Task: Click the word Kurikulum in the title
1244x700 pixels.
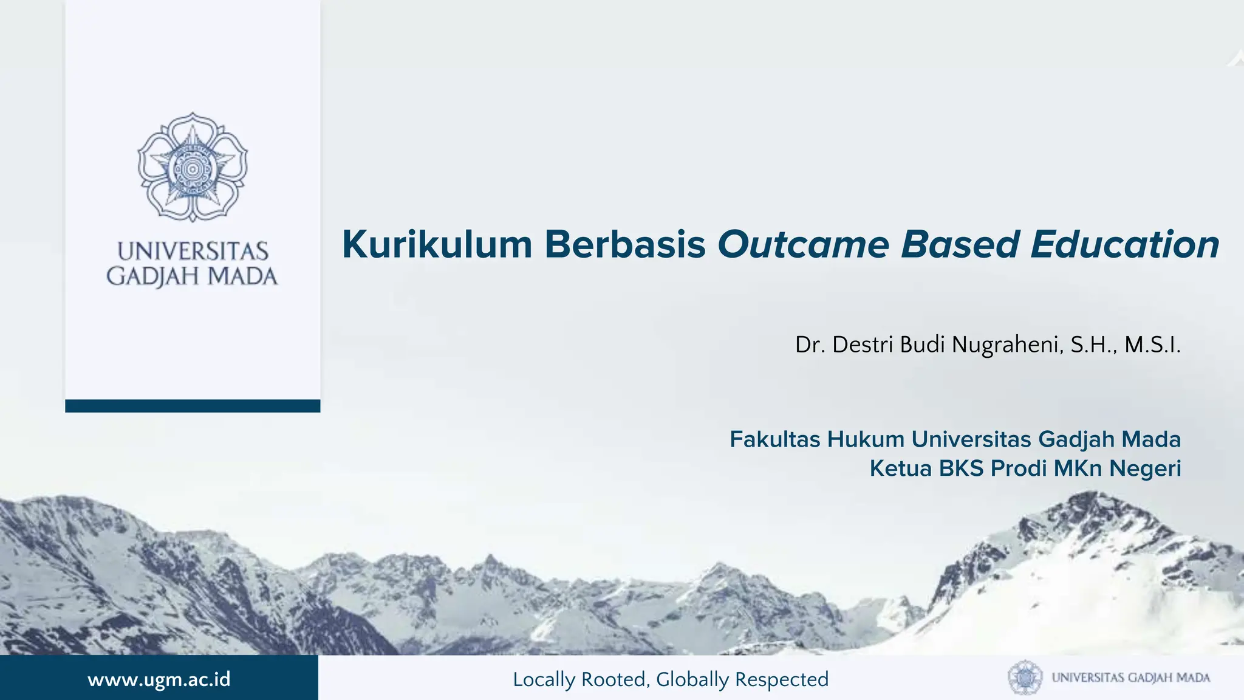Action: (x=437, y=245)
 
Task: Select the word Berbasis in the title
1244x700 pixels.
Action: (x=625, y=245)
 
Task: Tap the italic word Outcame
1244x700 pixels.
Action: (x=804, y=245)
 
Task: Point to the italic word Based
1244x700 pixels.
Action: (x=960, y=245)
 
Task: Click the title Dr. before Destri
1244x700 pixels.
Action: (x=810, y=345)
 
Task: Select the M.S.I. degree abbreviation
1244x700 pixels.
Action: (x=1152, y=345)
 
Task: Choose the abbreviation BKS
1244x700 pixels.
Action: (x=961, y=468)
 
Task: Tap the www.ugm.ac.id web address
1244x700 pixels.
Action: (x=159, y=679)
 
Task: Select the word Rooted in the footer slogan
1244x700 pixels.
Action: (x=614, y=679)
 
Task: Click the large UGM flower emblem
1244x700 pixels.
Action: (x=193, y=166)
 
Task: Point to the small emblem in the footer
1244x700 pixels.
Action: (x=1025, y=678)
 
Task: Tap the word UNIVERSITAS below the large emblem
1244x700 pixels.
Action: (x=193, y=252)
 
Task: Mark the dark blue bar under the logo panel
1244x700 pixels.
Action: (x=193, y=406)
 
